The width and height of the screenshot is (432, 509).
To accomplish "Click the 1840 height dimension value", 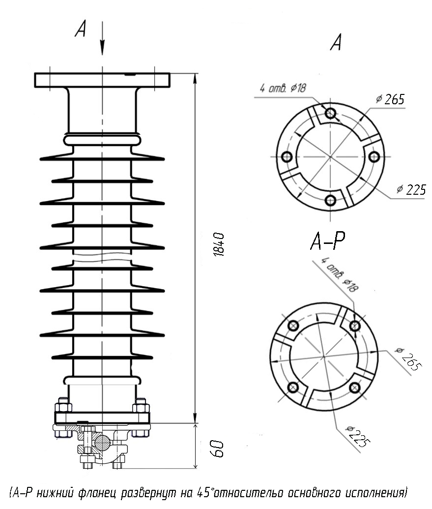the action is tap(219, 244).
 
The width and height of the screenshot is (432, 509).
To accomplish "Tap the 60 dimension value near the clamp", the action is tap(218, 449).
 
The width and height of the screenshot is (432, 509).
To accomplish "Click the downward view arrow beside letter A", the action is tap(102, 38).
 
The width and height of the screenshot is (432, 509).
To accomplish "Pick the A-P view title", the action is tap(328, 241).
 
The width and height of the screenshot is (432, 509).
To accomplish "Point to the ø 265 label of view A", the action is tap(390, 99).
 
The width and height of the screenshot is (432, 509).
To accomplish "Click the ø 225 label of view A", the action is tap(411, 189).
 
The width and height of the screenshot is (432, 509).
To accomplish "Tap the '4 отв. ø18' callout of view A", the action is tap(283, 88).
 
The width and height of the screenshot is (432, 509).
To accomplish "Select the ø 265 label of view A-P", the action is tap(408, 359).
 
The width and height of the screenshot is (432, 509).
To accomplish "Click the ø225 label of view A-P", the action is tap(358, 437).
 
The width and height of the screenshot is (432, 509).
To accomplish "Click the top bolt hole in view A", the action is tap(330, 113).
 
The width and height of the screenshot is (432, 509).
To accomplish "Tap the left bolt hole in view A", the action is tap(287, 157).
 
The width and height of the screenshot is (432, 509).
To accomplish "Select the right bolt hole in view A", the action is tap(374, 157).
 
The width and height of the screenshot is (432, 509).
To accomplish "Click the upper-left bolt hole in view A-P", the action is tap(293, 325).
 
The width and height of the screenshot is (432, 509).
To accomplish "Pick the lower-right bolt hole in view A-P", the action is tap(355, 387).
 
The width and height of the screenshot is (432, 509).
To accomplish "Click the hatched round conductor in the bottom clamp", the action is tap(103, 442).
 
